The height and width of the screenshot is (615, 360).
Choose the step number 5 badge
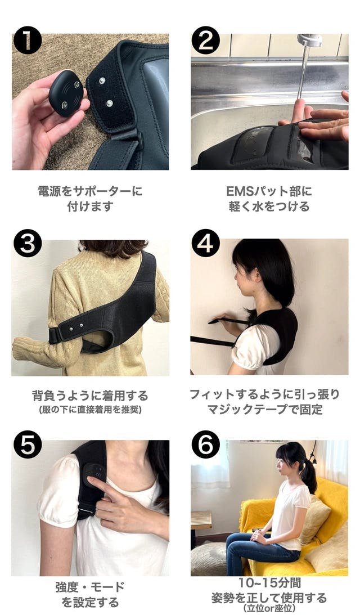(x=28, y=445)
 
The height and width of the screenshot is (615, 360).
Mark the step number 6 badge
(x=205, y=445)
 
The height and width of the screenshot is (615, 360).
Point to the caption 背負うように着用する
(x=90, y=396)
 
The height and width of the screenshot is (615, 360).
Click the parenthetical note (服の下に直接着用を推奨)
(x=90, y=410)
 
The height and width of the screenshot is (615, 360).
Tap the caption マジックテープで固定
(x=265, y=410)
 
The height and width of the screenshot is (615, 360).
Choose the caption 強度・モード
(x=90, y=587)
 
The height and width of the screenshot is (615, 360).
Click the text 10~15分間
(x=270, y=583)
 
